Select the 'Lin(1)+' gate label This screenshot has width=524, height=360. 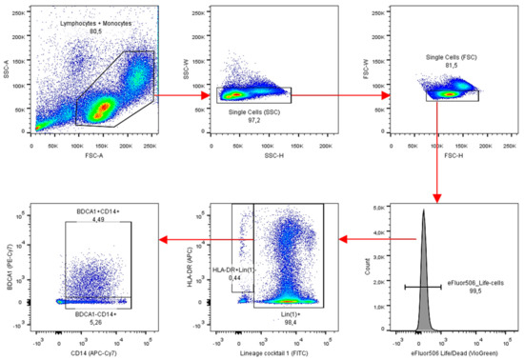pos(297,303)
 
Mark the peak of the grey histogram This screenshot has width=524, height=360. pos(423,212)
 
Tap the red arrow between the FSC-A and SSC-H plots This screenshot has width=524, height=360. pos(179,95)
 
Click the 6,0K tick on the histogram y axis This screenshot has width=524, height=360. pos(375,206)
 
